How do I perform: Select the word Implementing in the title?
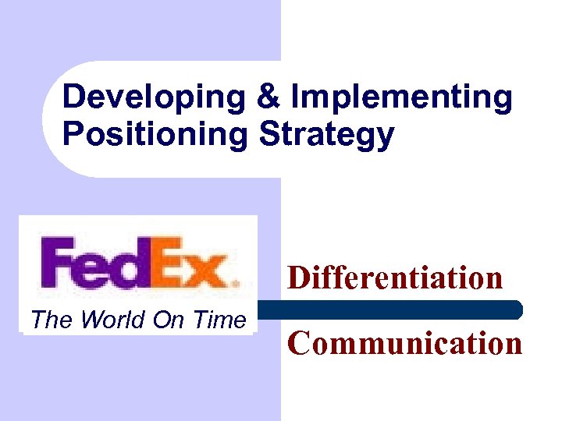400,99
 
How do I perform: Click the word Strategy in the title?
325,134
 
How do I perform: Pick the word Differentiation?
395,277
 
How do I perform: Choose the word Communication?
404,342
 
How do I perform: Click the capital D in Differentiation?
299,277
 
